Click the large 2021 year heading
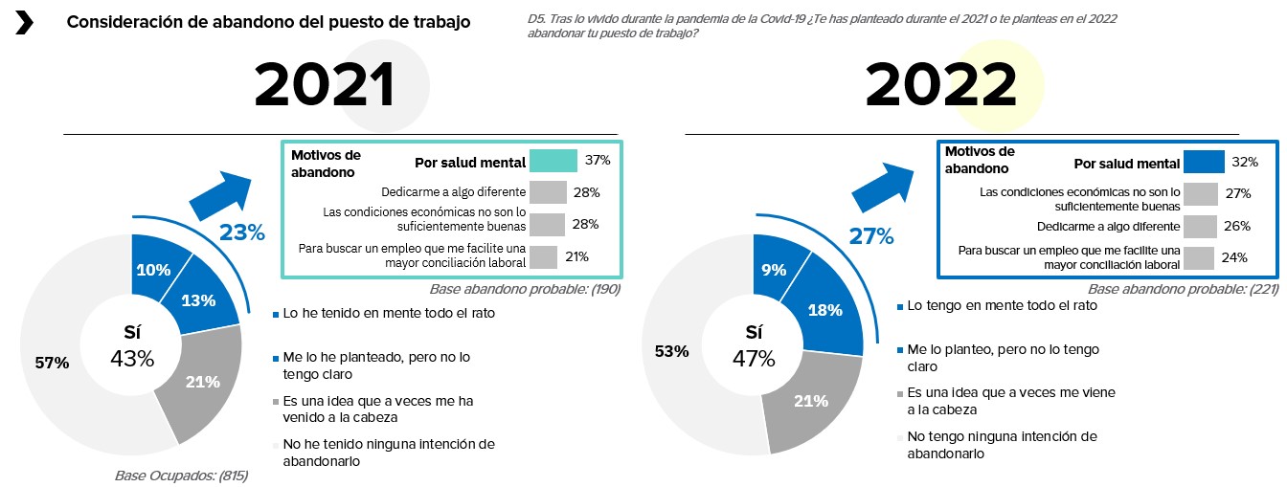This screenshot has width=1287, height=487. (x=325, y=87)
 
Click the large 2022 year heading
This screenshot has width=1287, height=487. (x=940, y=87)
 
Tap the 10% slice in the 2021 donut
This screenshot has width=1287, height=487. (x=152, y=270)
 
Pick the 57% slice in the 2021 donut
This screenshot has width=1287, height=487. (x=54, y=363)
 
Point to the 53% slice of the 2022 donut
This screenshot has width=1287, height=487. (x=671, y=351)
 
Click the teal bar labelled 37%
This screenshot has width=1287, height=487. (x=553, y=161)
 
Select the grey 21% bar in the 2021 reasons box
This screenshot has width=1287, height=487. (x=543, y=256)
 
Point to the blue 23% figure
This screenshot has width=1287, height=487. (x=242, y=232)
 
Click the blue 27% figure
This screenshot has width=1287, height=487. (x=870, y=235)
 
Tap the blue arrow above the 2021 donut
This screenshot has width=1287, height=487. (x=221, y=194)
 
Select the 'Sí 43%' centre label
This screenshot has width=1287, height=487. (x=132, y=345)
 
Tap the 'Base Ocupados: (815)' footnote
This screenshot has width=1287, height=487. (x=181, y=475)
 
